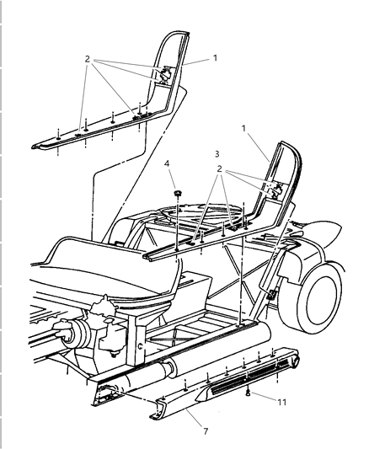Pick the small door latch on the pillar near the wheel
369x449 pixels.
coord(271,296)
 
